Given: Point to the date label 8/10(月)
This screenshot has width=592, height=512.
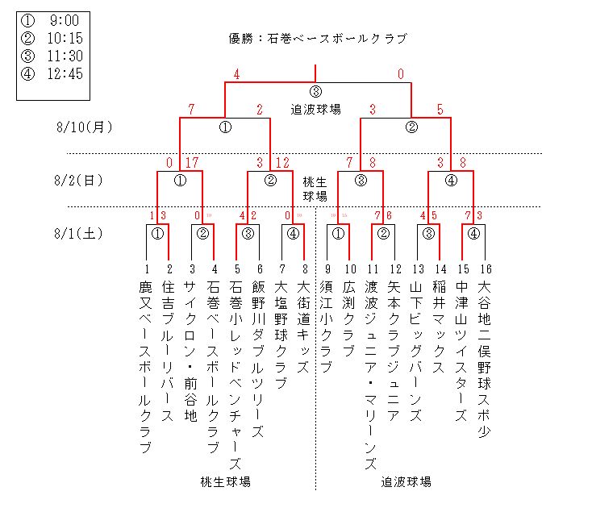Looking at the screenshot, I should pos(84,127).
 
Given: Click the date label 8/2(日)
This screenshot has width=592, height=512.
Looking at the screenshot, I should pos(80,181).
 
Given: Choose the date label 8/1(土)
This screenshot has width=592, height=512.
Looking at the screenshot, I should pos(80,234).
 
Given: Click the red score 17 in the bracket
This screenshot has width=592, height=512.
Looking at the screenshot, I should pos(192,163).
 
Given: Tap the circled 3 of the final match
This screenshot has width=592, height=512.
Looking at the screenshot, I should pos(315,91).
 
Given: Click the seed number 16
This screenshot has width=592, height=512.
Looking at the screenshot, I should pos(485,269).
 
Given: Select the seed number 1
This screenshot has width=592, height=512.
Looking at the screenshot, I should pos(147,269).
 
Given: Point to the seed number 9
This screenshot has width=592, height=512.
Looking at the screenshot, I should pos(327,269).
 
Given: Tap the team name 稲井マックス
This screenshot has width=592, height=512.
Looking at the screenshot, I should pos(440,327).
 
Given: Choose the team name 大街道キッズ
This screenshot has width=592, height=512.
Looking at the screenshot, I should pos(303,327).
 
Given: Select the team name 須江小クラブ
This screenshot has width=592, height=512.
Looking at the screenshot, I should pos(327,327).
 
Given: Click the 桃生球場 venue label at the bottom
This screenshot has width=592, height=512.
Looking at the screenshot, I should pos(225,482).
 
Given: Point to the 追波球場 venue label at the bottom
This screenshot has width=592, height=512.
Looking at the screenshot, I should pos(406,482).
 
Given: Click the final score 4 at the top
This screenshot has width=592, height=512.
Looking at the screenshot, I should pos(237,75).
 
